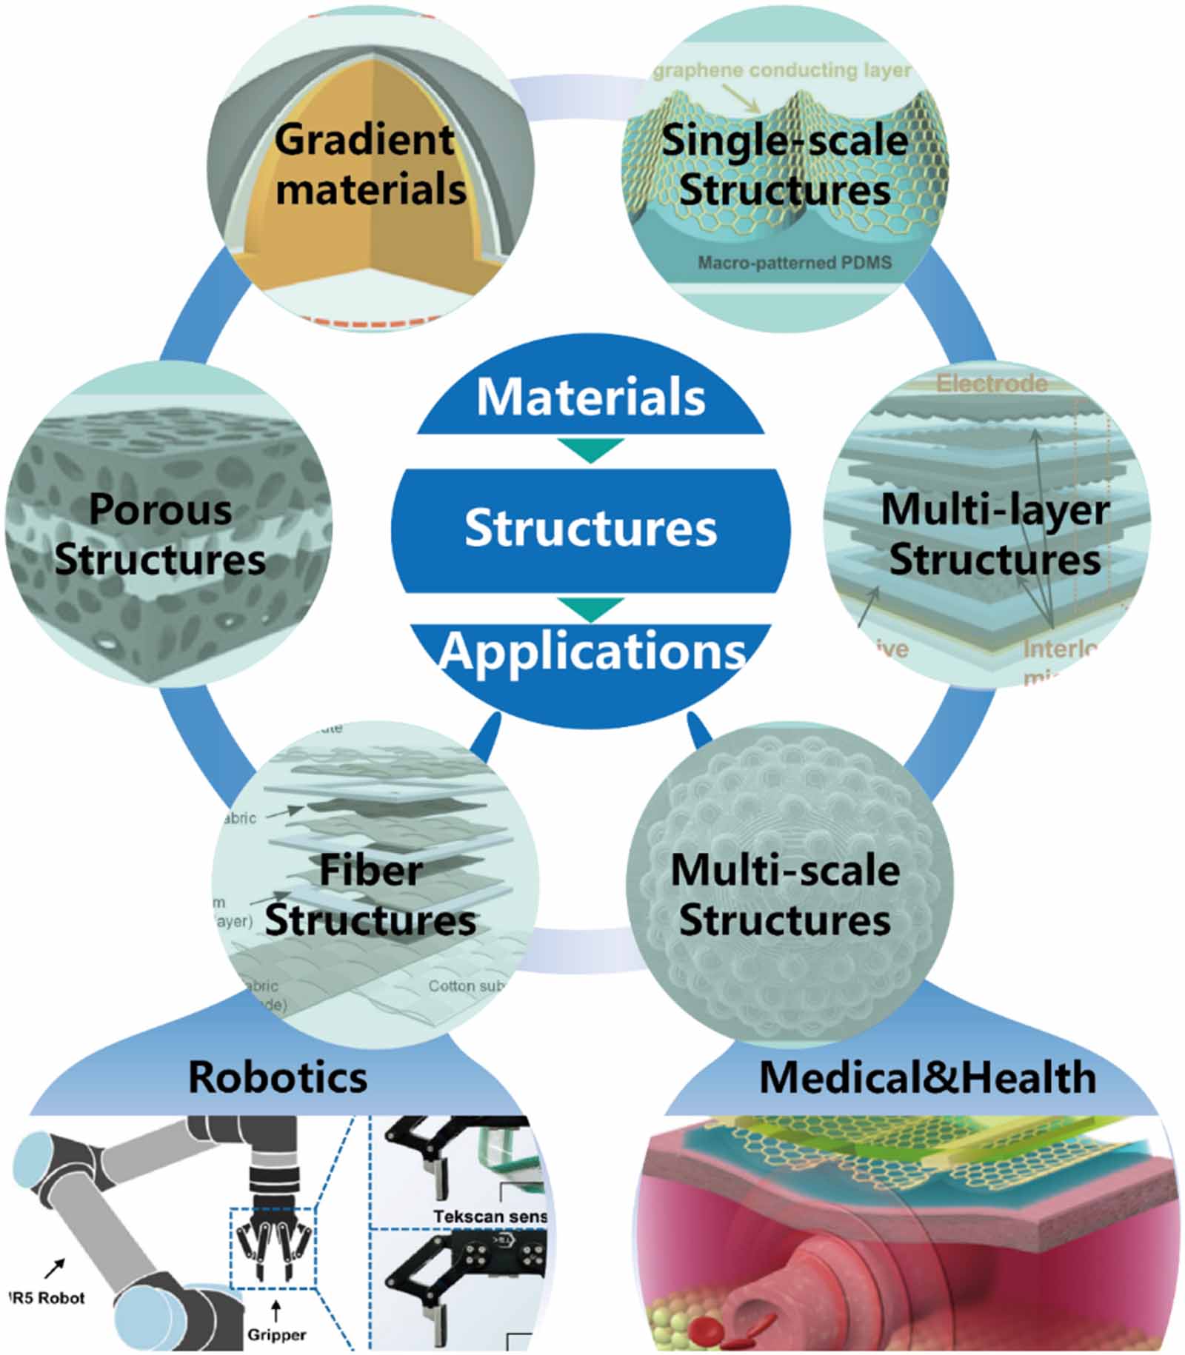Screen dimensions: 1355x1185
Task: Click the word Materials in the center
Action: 590,398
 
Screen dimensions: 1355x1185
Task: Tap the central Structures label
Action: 590,528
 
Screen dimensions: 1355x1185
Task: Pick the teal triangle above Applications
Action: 590,609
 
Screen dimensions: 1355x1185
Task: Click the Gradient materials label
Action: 370,164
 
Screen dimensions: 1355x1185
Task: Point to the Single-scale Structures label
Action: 784,164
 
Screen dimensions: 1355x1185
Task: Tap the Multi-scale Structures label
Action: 785,894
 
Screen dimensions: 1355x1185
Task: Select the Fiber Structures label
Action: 370,894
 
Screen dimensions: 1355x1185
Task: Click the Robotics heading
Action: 278,1077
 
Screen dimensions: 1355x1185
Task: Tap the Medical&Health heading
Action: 927,1077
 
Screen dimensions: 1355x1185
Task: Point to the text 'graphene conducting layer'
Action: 782,70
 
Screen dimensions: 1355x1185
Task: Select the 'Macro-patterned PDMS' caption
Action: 794,263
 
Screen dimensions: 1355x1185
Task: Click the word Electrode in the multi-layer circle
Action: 992,383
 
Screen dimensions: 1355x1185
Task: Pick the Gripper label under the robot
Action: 276,1334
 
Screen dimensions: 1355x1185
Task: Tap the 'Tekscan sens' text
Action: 490,1217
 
